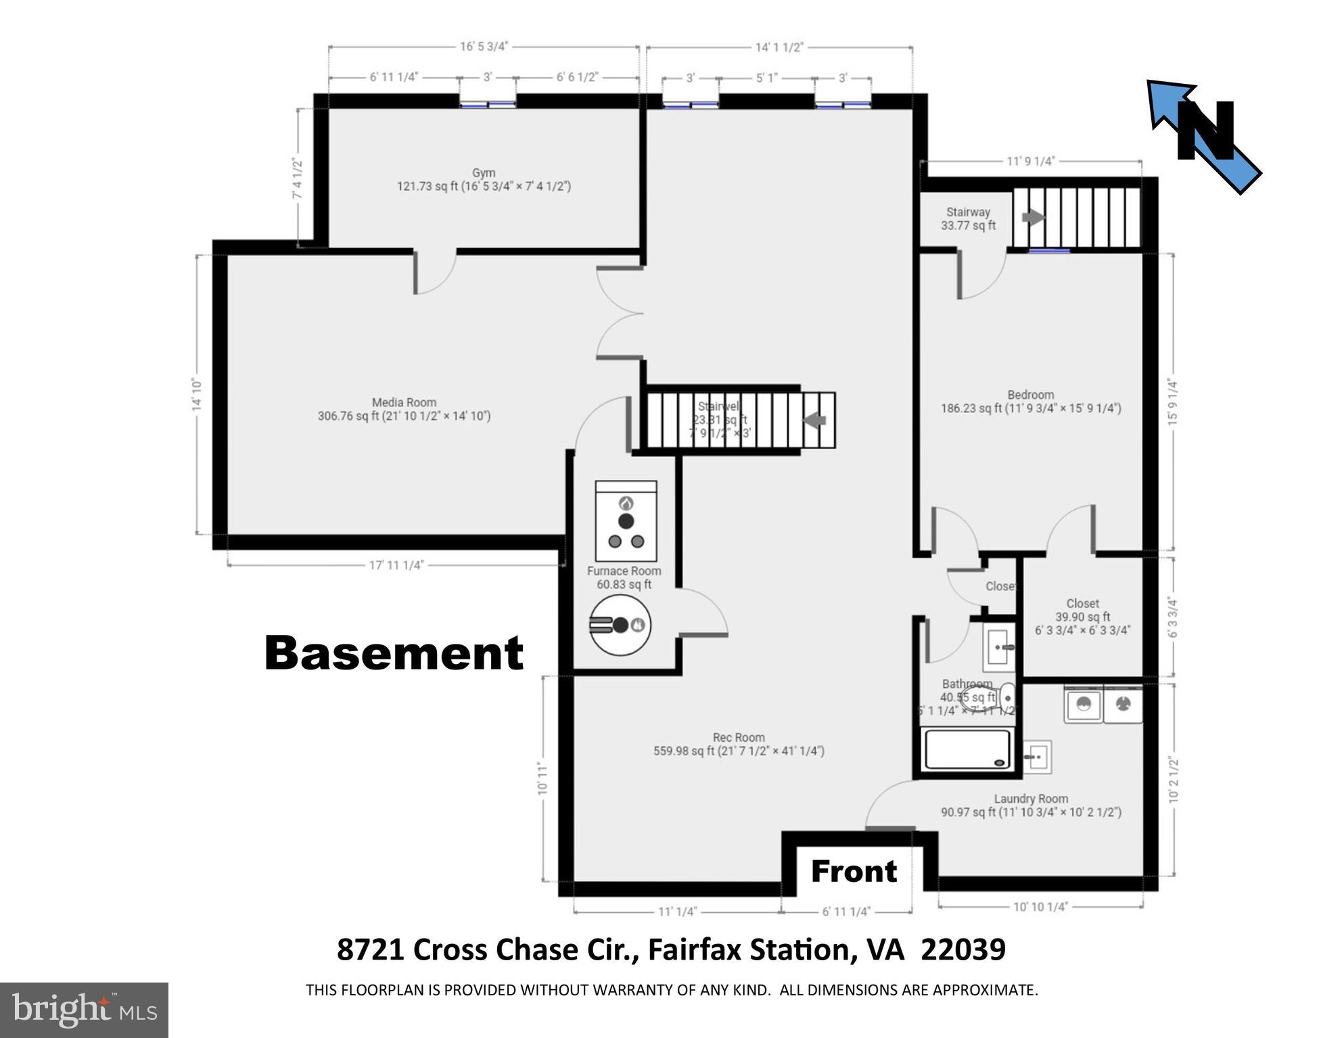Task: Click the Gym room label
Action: pos(484,173)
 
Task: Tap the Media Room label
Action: pos(404,402)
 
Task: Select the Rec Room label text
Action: pos(739,737)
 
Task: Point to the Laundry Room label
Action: pos(1031,799)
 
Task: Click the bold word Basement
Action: pos(394,653)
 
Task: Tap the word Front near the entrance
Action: pos(854,871)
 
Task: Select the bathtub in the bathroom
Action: pos(968,749)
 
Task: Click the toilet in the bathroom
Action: pos(1007,694)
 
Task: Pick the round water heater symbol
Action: pos(620,625)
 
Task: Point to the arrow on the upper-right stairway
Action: pos(1033,217)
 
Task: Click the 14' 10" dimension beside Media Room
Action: pos(197,395)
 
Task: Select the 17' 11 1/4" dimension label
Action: pos(396,565)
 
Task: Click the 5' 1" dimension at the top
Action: pos(766,78)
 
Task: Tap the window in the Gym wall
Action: pos(488,104)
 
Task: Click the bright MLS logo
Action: pos(84,1010)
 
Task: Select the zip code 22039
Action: pos(963,949)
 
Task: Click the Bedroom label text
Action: pos(1030,395)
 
